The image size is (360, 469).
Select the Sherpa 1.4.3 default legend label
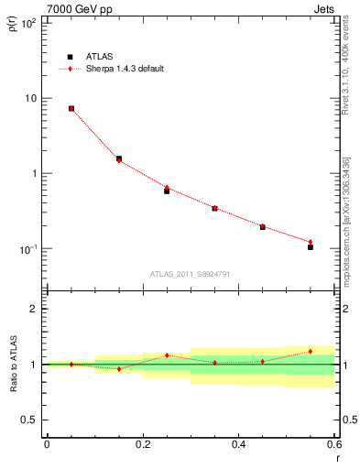pos(125,69)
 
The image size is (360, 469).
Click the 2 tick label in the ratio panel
pos(34,309)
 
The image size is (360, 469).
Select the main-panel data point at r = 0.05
pos(71,108)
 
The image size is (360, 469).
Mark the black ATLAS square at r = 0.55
pos(311,247)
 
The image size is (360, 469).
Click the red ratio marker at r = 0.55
pos(311,351)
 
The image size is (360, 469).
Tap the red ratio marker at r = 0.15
pos(119,369)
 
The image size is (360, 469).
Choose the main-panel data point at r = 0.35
pos(214,209)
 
